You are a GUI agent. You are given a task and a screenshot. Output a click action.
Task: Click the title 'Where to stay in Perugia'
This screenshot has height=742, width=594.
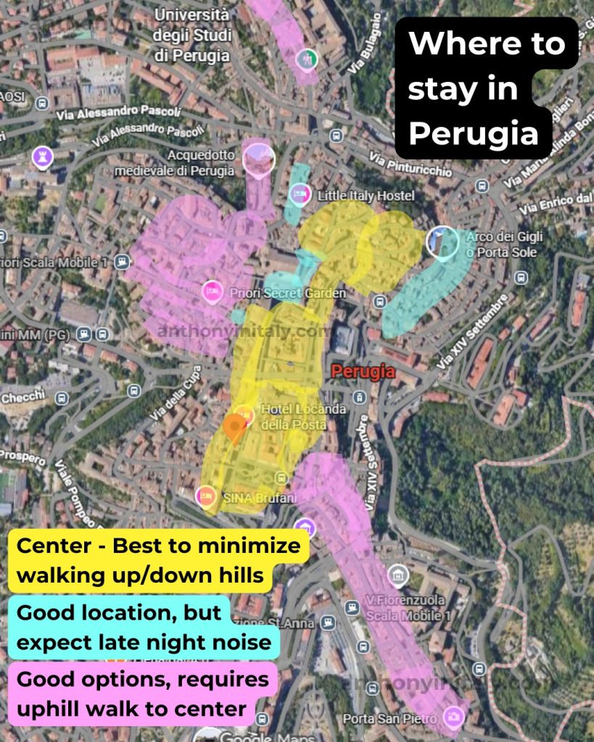pos(486,88)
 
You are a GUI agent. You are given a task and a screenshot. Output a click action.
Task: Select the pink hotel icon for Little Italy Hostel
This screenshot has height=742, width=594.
pos(299,193)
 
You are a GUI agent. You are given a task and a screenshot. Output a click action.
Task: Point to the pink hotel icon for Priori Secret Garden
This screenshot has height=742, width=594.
pos(212,291)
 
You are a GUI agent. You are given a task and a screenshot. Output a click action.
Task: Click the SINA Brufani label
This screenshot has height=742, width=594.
pos(250,498)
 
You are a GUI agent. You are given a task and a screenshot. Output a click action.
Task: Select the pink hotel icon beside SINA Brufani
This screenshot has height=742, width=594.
pos(206,496)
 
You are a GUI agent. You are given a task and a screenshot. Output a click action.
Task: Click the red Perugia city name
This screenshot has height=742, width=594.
pos(363,372)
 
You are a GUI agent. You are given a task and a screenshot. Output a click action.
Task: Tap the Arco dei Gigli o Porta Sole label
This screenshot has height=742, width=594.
pos(504,244)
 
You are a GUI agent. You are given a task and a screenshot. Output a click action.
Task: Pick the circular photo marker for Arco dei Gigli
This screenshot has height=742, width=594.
pos(442,242)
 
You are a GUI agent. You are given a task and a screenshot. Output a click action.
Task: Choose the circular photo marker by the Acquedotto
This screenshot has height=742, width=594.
pos(258,159)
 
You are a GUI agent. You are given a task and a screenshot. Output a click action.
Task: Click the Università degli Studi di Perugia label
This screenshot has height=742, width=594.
pos(193,35)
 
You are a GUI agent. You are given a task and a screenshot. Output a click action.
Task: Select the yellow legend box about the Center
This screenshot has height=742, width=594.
pos(158,560)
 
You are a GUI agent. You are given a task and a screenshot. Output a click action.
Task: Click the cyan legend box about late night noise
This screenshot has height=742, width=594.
pos(144,627)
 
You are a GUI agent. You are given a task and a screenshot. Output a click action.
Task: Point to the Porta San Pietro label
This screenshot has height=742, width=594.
pos(389,718)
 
